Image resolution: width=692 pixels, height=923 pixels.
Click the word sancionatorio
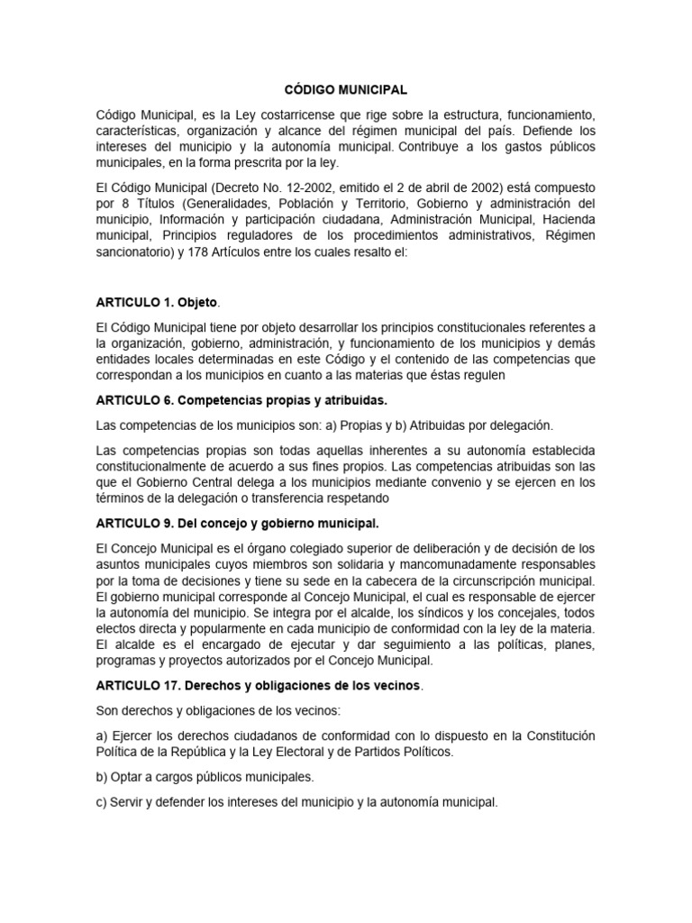[x=136, y=252]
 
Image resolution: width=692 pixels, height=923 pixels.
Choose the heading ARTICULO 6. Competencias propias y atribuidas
[x=247, y=399]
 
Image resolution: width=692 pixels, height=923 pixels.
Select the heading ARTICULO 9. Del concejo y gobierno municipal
[x=237, y=523]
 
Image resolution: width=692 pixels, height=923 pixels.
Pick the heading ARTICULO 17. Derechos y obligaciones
[x=258, y=685]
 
